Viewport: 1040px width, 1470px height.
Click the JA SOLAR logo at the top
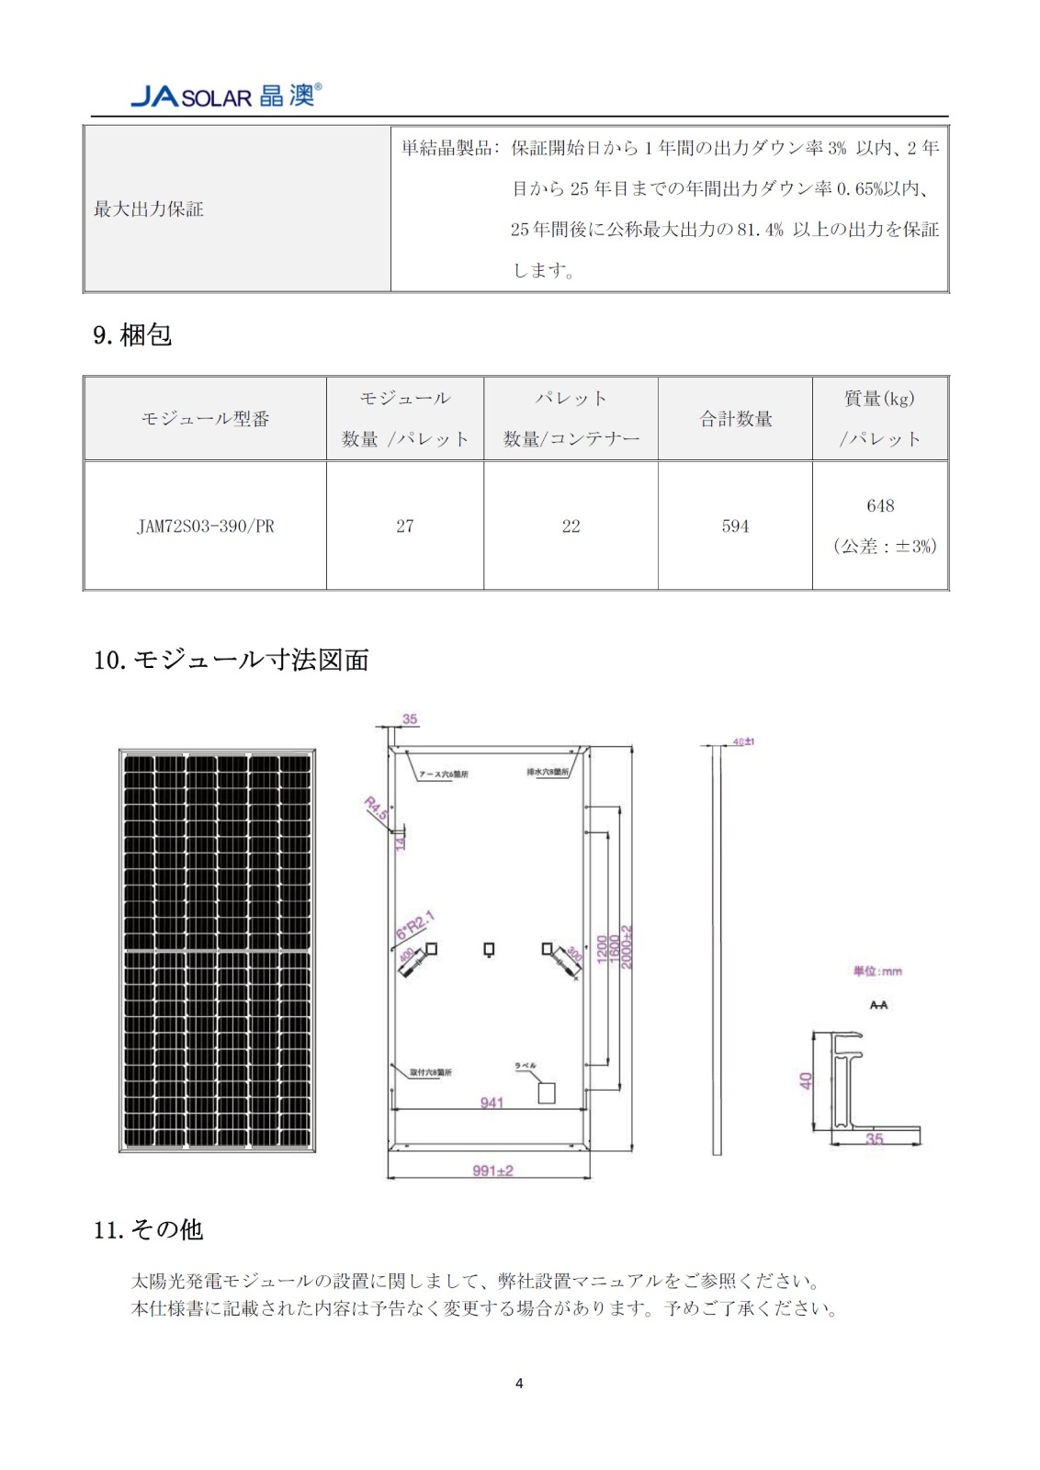[226, 96]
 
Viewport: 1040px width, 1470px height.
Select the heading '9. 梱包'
[132, 334]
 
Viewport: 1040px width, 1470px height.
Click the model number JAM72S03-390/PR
[205, 526]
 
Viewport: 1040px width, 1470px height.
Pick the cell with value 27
[405, 526]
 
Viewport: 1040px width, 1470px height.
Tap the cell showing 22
[571, 526]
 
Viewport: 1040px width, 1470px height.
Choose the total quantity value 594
[735, 526]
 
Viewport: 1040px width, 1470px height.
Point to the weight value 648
[880, 506]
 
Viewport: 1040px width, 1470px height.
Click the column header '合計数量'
[736, 419]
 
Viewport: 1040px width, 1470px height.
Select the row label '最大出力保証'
[149, 209]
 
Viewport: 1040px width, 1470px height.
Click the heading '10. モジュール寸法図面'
[231, 660]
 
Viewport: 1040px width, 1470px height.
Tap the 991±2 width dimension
[492, 1170]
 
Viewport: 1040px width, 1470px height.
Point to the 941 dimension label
[492, 1102]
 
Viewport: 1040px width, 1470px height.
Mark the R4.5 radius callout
[377, 808]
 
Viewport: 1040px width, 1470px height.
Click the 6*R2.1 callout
[414, 926]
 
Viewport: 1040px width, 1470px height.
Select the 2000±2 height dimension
[627, 946]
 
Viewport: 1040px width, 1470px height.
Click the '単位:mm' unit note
[877, 971]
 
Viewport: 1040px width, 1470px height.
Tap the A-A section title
[878, 1005]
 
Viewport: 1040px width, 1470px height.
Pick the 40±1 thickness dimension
[743, 741]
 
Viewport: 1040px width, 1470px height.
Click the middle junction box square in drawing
[489, 949]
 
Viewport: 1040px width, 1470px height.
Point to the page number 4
[519, 1383]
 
